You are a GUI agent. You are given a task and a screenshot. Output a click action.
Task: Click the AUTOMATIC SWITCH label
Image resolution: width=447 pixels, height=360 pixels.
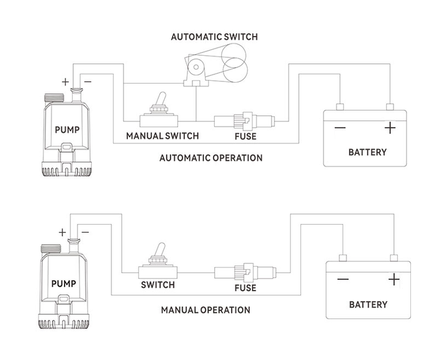(214, 37)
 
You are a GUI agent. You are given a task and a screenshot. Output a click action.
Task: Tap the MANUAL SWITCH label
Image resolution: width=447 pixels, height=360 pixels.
(163, 136)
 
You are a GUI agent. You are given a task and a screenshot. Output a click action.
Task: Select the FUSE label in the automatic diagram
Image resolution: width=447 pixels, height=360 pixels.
(245, 137)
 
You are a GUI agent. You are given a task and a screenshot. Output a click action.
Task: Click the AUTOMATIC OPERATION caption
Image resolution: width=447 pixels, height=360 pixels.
(211, 158)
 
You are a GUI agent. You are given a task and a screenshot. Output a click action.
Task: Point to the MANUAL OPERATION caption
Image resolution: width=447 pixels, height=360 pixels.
(205, 310)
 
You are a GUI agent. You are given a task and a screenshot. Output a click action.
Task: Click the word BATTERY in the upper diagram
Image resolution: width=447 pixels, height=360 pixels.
(368, 152)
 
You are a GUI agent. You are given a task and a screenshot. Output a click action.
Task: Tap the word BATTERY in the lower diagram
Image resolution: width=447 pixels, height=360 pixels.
(368, 304)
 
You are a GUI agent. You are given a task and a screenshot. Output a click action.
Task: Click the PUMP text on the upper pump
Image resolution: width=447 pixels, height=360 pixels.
(67, 130)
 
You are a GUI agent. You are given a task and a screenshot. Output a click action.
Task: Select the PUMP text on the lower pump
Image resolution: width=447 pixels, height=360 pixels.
(63, 284)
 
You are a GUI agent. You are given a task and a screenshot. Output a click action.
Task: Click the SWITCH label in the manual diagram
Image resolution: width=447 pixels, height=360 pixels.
(158, 285)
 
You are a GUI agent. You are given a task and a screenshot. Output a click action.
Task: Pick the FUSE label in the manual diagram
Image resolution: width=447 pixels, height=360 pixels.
(245, 288)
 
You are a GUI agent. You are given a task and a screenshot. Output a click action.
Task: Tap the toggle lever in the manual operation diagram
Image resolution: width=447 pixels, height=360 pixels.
(160, 250)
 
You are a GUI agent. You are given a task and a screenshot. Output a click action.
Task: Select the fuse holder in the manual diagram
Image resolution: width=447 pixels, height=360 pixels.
(245, 272)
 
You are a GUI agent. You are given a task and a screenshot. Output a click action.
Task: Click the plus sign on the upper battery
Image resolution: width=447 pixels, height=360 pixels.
(390, 128)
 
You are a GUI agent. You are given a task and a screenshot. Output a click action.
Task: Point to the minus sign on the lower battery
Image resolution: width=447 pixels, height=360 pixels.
(343, 279)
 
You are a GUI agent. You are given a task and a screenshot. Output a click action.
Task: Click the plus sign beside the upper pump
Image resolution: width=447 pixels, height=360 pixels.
(65, 82)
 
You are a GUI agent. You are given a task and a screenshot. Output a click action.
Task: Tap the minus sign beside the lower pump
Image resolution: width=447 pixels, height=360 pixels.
(85, 232)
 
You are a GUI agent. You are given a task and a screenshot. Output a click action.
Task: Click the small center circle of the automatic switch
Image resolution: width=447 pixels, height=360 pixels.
(196, 67)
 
